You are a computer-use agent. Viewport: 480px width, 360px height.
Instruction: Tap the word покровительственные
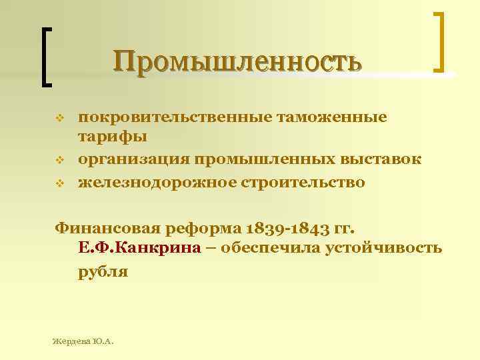coord(169,118)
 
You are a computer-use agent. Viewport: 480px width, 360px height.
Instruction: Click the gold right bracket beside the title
coord(441,41)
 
